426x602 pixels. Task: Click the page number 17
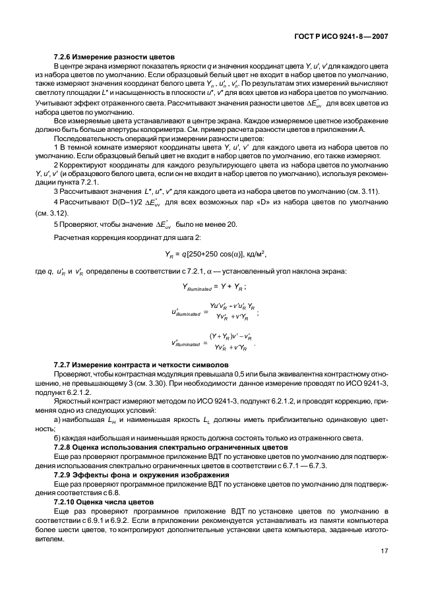[384, 552]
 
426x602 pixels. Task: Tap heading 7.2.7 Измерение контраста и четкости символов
[141, 365]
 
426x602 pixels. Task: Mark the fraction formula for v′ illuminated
[214, 343]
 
